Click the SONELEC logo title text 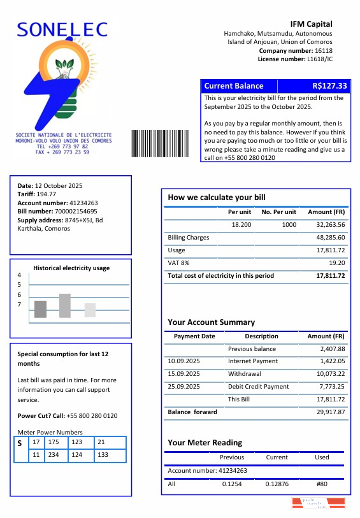(62, 29)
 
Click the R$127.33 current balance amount (329, 86)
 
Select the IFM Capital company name (311, 24)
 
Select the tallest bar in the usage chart (65, 305)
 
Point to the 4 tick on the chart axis (19, 275)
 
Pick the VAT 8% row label (178, 263)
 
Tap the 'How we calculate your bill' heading (216, 198)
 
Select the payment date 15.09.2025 (184, 374)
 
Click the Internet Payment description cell (253, 361)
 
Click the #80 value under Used (322, 484)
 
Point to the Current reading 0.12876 (277, 484)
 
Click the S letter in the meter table (20, 443)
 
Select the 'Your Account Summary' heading (211, 322)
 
